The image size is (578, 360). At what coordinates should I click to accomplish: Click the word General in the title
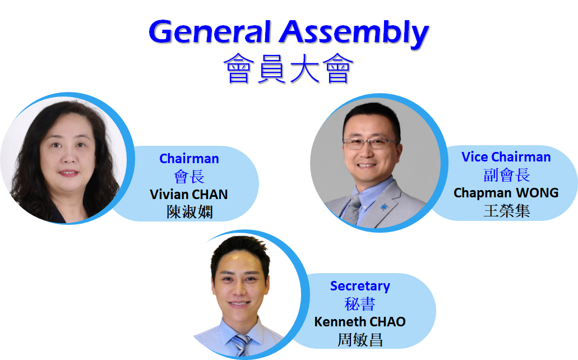coord(210,32)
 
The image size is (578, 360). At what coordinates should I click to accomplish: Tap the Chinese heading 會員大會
coord(289,68)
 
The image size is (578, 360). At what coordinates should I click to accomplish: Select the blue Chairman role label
coord(189,159)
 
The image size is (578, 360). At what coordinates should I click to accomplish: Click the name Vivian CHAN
coord(189,195)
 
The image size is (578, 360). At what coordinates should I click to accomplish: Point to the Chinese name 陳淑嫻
coord(190,212)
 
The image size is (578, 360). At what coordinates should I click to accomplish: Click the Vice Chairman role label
coord(506,157)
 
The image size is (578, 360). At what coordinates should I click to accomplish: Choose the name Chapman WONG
coord(506,192)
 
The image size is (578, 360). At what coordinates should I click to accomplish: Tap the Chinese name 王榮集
coord(507,211)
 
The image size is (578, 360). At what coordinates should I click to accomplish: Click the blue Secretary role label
coord(360,286)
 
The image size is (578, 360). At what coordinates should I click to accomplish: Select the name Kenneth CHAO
coord(360,322)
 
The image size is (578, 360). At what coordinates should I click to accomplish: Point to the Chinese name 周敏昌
coord(360,340)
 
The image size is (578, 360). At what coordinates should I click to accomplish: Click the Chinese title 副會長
coord(507,175)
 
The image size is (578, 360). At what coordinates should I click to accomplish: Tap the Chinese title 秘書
coord(360,304)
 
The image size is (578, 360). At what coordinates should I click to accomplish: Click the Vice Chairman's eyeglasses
coord(370,143)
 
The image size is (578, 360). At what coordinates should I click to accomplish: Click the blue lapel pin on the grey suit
coord(385,207)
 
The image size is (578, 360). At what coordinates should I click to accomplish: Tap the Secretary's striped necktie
coord(241,345)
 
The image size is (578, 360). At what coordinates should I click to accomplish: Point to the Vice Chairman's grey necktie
coord(353,209)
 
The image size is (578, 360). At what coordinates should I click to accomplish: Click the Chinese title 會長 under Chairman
coord(189,177)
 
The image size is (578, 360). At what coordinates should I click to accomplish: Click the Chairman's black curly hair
coord(33,155)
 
